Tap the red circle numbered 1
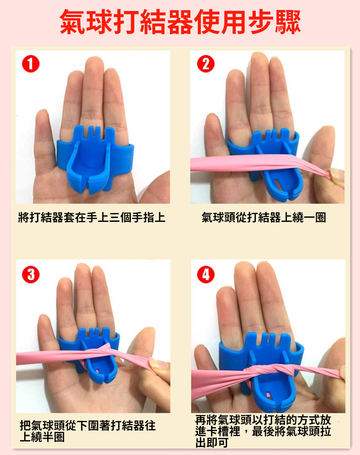coord(31,64)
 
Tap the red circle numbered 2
coord(206,64)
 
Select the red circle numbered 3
coord(31,275)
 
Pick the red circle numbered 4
coord(206,275)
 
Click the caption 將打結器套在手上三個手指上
coord(92,217)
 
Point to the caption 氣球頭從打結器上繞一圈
coord(264,217)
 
